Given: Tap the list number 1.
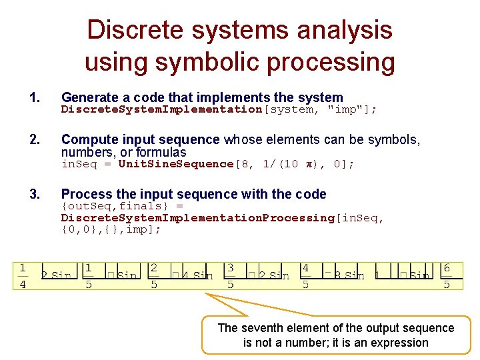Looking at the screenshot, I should tap(35, 98).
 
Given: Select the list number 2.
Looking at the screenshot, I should tap(35, 139).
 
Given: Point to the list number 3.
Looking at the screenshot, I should tap(35, 194).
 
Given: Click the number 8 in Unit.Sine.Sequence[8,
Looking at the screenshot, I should tap(247, 164).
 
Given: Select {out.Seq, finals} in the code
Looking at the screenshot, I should tap(116, 206).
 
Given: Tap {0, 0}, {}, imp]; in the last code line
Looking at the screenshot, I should tap(111, 229).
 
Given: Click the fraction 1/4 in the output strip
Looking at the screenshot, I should tap(23, 276).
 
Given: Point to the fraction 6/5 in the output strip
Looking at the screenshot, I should tap(447, 275).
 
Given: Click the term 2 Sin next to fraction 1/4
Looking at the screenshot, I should tap(57, 275).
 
